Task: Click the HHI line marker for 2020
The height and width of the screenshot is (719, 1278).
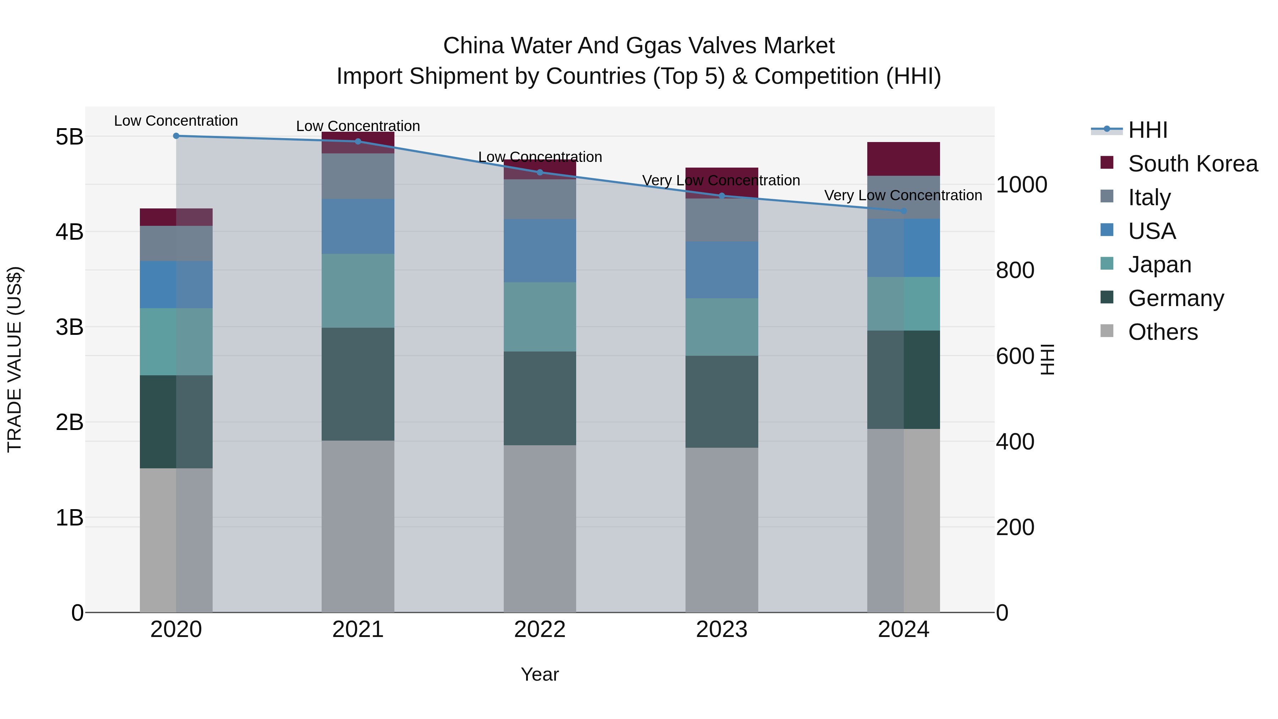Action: pos(176,136)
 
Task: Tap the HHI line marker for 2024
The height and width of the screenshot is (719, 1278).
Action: pos(903,211)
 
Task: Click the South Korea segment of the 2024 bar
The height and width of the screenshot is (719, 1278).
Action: pos(903,159)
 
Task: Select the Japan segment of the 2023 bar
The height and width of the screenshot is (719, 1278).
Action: pos(722,327)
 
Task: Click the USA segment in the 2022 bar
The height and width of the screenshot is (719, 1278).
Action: pos(540,251)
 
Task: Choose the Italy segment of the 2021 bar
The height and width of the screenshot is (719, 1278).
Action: pos(358,176)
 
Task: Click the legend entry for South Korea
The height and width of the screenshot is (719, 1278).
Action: pos(1193,164)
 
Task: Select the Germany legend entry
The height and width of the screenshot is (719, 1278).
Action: pos(1176,298)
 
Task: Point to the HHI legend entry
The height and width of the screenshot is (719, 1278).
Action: pos(1147,130)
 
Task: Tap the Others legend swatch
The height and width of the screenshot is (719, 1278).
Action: pos(1107,331)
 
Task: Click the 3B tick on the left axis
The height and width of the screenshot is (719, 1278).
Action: pos(70,327)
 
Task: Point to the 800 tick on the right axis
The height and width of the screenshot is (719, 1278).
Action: pos(1015,271)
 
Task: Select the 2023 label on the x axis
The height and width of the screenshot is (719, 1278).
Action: pos(722,630)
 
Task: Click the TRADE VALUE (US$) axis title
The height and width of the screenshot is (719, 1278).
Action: pos(15,359)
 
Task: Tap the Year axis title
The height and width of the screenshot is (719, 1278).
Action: pos(540,674)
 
